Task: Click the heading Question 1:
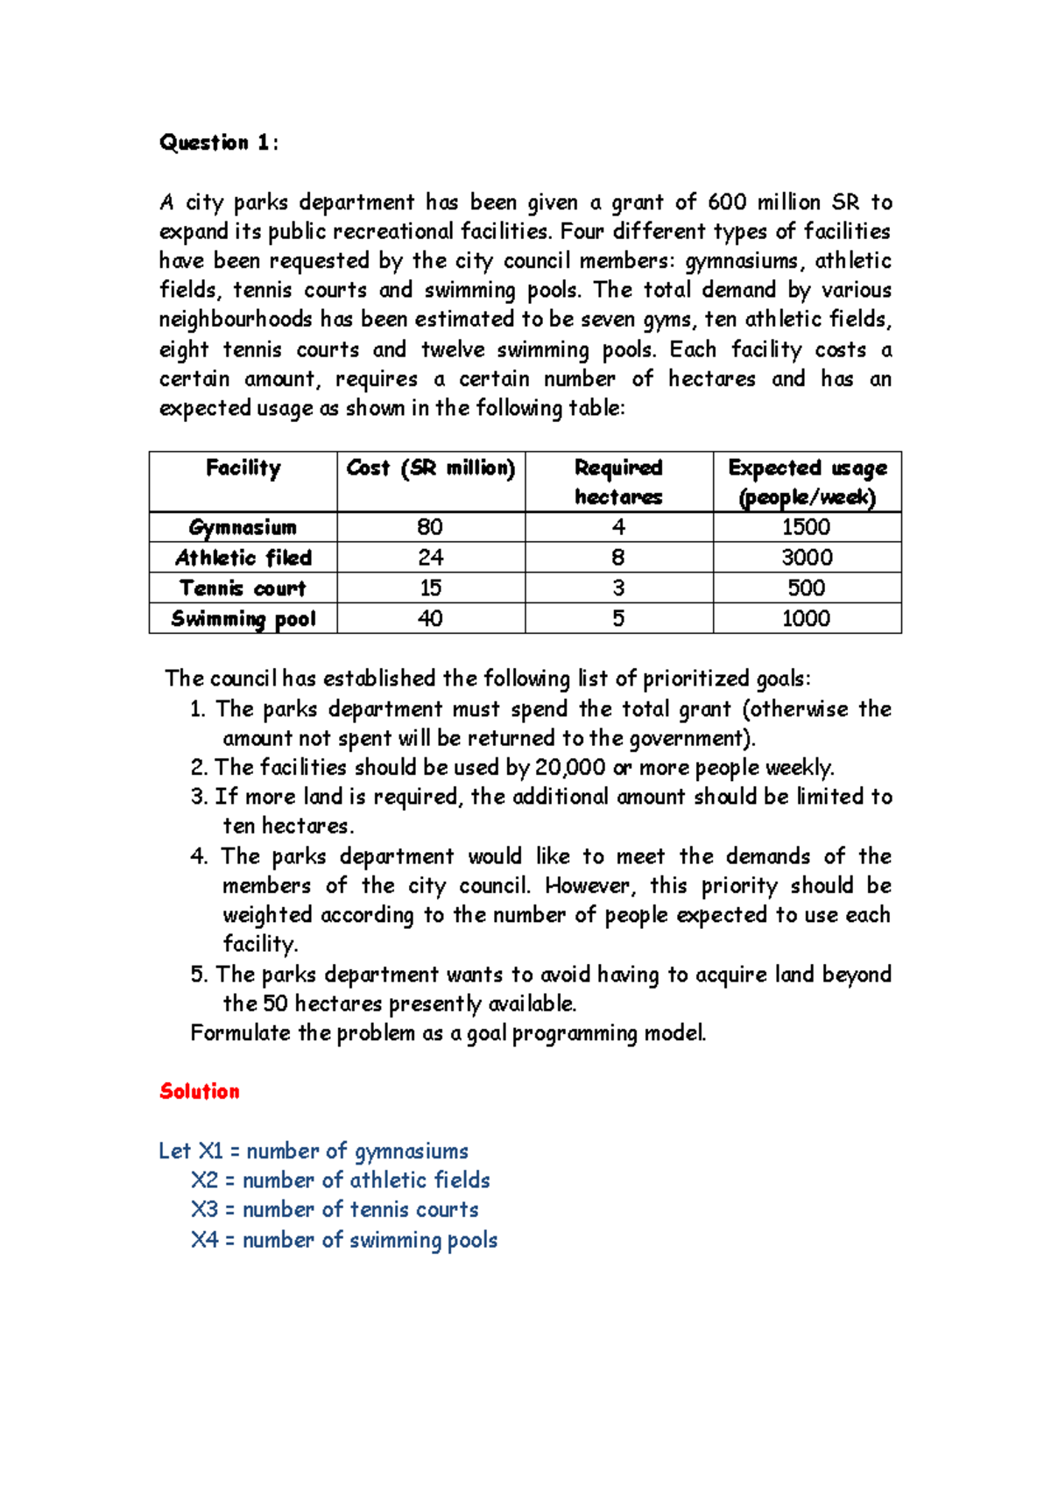point(219,143)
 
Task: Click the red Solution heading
point(200,1091)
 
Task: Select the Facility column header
point(243,468)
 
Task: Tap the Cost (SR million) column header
point(431,468)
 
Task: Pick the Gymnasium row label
point(243,527)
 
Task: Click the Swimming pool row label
point(243,619)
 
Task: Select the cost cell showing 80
point(430,527)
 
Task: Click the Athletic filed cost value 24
point(430,558)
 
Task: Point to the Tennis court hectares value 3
point(618,588)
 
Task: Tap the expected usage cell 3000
point(807,558)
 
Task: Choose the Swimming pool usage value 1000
point(806,619)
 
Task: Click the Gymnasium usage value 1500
point(806,527)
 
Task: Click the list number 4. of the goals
point(199,856)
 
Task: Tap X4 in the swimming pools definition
point(204,1240)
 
